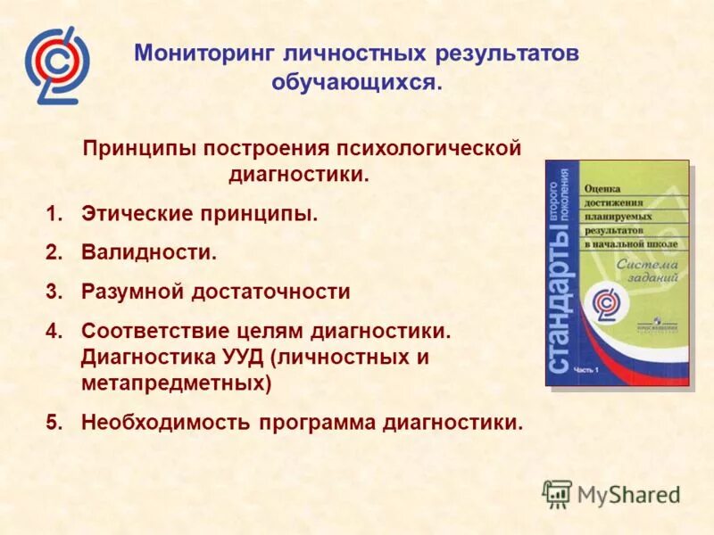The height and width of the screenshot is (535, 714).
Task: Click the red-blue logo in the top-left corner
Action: point(57,65)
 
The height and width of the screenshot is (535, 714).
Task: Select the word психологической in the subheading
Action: point(428,147)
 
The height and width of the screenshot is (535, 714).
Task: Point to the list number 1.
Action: point(54,215)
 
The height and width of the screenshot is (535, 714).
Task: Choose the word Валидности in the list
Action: point(147,252)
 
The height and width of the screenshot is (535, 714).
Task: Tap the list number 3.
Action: point(54,292)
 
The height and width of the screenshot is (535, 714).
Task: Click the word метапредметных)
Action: point(176,383)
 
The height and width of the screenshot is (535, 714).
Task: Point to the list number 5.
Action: point(54,421)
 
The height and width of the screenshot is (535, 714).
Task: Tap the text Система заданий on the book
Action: point(646,270)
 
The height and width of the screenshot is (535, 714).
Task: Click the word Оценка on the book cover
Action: point(605,189)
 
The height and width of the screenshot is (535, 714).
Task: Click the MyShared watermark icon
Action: point(558,493)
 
